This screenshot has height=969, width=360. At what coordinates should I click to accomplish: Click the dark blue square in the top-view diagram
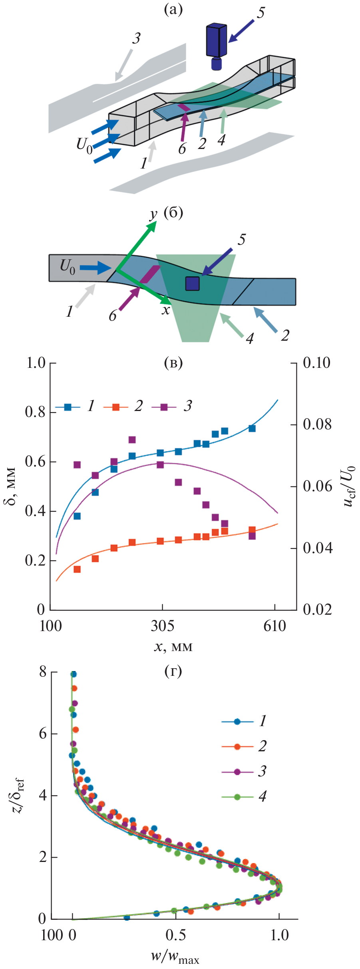point(192,283)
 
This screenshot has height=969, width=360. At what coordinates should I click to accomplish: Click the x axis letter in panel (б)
point(166,310)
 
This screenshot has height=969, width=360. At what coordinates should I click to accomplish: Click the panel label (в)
point(173,363)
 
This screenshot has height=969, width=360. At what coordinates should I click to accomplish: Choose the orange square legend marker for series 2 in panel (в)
point(116,407)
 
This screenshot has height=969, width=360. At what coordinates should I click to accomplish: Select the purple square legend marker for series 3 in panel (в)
point(164,407)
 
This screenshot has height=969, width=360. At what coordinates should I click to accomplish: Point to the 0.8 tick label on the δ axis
point(35,412)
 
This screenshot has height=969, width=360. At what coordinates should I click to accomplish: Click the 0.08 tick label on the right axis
point(317,425)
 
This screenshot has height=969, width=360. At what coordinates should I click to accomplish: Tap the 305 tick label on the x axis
point(163,626)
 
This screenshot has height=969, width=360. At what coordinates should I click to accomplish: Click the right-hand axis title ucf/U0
point(349,486)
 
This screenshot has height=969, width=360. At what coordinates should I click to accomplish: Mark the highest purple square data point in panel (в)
point(132,440)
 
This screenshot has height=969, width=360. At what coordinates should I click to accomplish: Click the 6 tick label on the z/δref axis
point(43,734)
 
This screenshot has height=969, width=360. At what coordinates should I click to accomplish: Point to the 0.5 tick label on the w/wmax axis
point(176,935)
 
